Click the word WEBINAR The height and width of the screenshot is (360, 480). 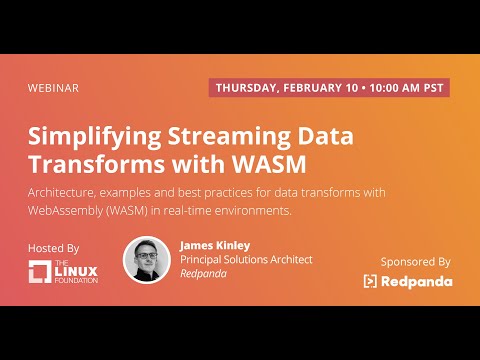(x=53, y=88)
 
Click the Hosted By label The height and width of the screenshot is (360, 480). (x=52, y=246)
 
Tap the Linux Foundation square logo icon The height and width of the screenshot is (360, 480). (x=41, y=272)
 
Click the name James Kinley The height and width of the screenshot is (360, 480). (x=216, y=245)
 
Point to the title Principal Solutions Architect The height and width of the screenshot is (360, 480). (x=246, y=260)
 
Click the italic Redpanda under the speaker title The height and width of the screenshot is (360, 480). (x=203, y=274)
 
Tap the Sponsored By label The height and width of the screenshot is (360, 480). (x=415, y=262)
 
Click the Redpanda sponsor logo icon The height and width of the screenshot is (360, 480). (x=371, y=282)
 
